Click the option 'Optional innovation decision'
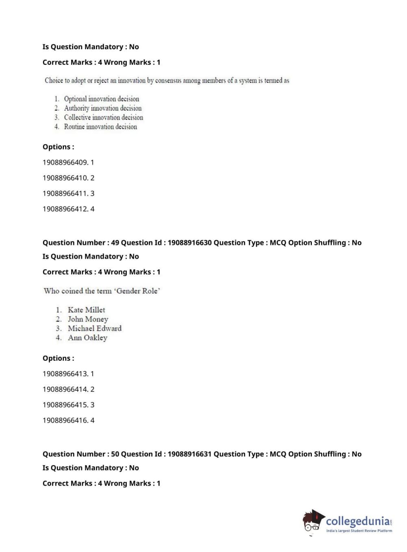click(x=101, y=99)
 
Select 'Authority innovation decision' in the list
click(x=102, y=108)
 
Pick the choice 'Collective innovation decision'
click(x=103, y=118)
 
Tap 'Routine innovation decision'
click(x=100, y=127)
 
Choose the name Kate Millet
click(x=86, y=310)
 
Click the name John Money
click(x=88, y=320)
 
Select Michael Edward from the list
click(x=94, y=329)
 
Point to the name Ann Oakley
click(x=87, y=338)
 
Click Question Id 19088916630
click(x=189, y=243)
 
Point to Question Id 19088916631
click(x=189, y=454)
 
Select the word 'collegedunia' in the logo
click(x=358, y=521)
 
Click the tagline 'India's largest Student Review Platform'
click(x=359, y=531)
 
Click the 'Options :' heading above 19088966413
click(x=59, y=359)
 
